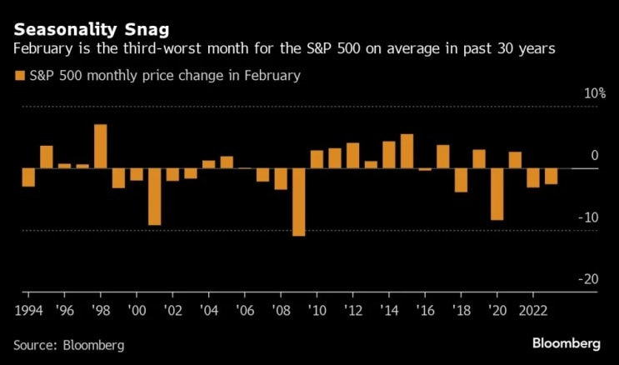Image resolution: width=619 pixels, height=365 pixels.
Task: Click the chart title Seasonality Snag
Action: point(92,30)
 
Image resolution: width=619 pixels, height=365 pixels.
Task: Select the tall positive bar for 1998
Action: point(101,146)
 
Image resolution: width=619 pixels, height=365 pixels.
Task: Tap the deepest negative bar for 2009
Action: point(299,202)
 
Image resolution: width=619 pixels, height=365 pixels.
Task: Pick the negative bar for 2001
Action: point(155,197)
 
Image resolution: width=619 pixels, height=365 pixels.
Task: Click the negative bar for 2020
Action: point(497,194)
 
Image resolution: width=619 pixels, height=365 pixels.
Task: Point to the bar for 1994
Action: point(28,177)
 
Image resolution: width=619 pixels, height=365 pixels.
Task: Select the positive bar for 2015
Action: point(407,152)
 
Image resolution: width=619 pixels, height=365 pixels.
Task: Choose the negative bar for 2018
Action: point(461,181)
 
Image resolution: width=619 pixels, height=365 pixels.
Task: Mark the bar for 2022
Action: point(533,178)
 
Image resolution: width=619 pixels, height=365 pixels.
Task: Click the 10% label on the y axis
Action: point(596,93)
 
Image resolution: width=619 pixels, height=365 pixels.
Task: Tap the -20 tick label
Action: point(589,279)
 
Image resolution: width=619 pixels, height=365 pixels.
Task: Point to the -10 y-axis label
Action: point(589,217)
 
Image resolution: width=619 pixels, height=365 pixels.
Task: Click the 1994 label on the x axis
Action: point(28,311)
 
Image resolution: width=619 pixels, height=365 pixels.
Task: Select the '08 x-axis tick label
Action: point(281,311)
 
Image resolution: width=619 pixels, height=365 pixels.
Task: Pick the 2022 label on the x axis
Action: point(533,311)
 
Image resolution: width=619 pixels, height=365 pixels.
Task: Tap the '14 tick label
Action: point(389,311)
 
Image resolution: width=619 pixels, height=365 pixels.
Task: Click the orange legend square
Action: point(20,76)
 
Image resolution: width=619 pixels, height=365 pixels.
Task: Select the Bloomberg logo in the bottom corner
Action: point(567,343)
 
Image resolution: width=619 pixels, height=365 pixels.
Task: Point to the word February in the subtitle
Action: point(43,49)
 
